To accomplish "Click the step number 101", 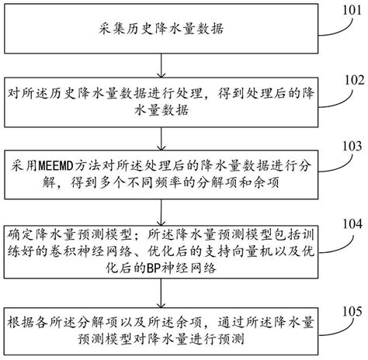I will (348, 10).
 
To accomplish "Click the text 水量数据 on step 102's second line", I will (159, 110).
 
